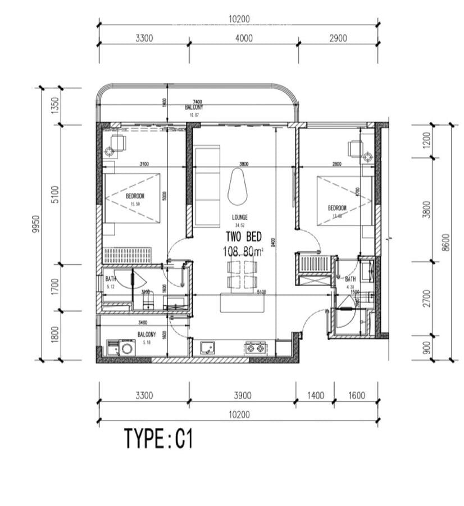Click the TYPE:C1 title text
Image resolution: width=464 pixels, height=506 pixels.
coord(158,439)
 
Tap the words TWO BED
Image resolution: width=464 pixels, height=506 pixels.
coord(244,237)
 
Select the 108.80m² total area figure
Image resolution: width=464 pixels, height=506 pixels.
coord(243,252)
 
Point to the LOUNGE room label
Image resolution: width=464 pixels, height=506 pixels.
coord(240,217)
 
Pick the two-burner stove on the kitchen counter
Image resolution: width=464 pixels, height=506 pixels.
coord(255,349)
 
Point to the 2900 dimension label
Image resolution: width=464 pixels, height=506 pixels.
coord(338,38)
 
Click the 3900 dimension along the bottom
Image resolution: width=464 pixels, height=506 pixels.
coord(242,396)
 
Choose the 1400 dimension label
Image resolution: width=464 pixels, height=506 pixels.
coord(315,396)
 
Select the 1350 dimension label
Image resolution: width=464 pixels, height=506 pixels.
coord(55,106)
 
